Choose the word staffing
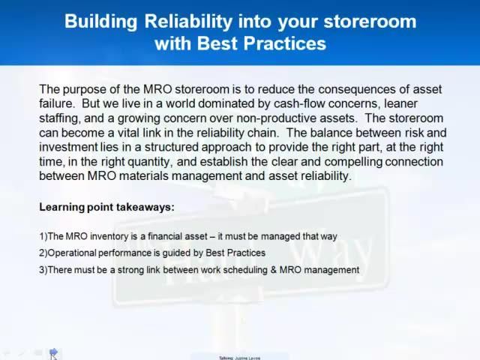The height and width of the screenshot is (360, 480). pyautogui.click(x=61, y=118)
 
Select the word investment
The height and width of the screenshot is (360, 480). pyautogui.click(x=70, y=147)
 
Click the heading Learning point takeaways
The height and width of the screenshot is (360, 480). pyautogui.click(x=106, y=207)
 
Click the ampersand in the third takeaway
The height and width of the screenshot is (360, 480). pyautogui.click(x=271, y=270)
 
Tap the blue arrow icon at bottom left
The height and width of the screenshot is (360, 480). pyautogui.click(x=53, y=352)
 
